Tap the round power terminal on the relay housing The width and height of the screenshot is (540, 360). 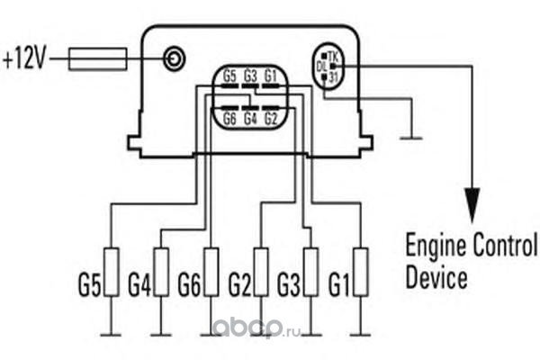[x=174, y=60]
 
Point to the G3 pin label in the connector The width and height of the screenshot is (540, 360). [x=250, y=76]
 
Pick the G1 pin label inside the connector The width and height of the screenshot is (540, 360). [x=272, y=76]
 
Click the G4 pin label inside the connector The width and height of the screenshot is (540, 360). [x=250, y=118]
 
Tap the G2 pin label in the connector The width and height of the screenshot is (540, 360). [x=272, y=118]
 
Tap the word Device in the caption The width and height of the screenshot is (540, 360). [x=436, y=276]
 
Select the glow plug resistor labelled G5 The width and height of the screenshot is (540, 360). [x=111, y=273]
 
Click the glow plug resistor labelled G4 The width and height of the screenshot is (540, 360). [x=161, y=273]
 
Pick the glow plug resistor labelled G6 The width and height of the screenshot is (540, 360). [x=211, y=273]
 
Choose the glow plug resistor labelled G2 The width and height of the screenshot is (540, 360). [x=261, y=273]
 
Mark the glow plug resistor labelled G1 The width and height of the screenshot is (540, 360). [x=361, y=273]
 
